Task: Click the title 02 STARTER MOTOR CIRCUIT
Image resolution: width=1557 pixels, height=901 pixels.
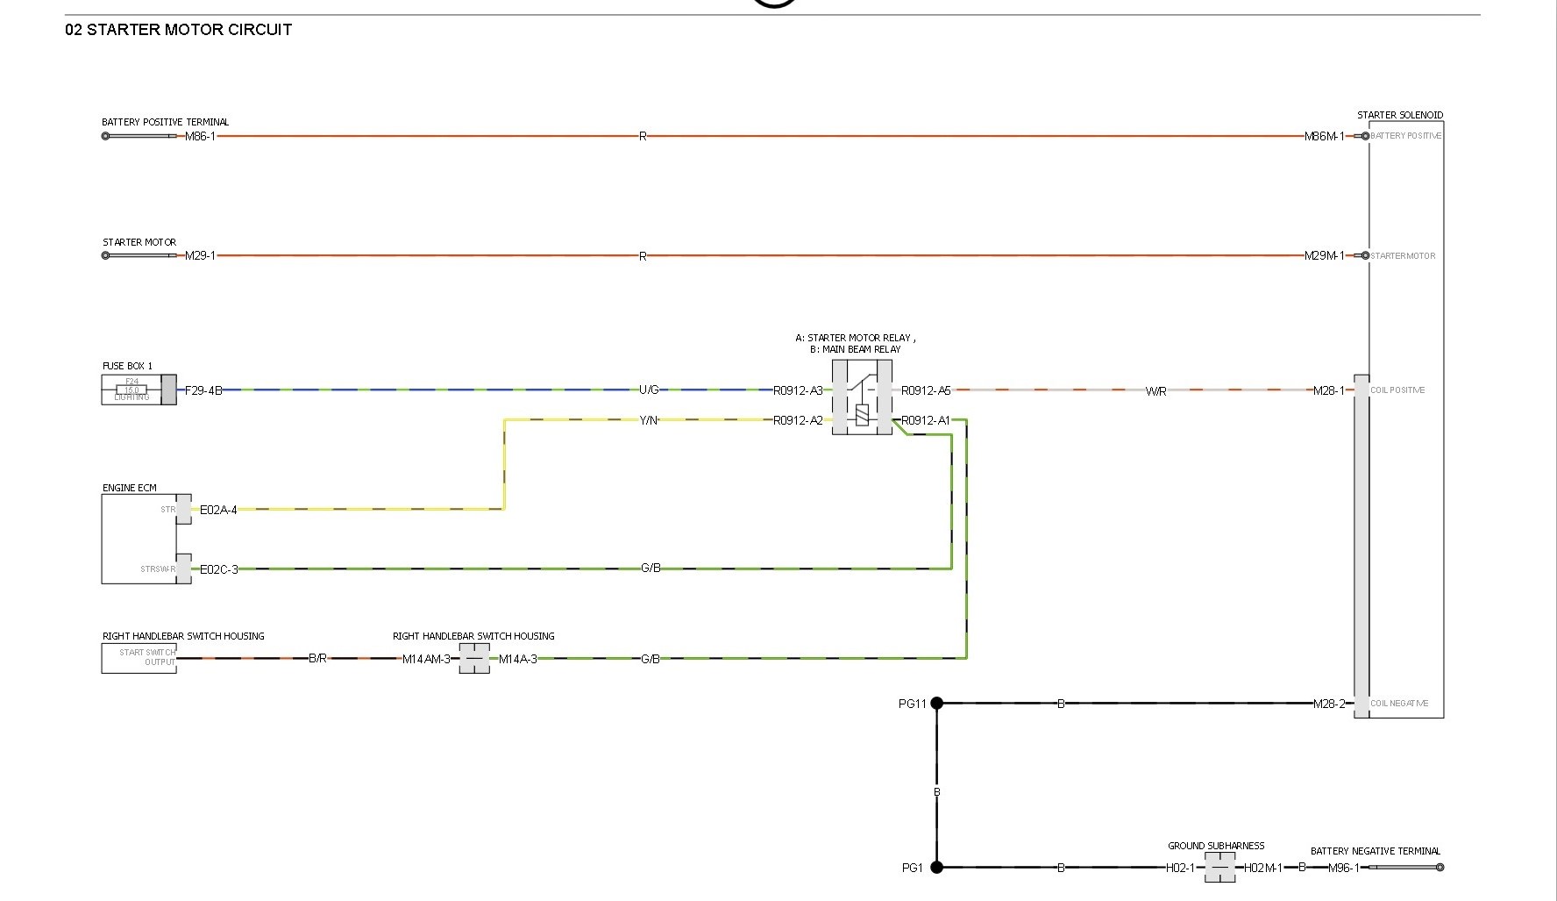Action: tap(178, 29)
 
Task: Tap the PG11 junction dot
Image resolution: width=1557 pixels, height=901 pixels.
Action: tap(936, 703)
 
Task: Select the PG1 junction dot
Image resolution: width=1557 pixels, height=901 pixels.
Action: tap(936, 867)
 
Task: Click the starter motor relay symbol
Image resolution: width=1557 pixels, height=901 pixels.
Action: tap(862, 397)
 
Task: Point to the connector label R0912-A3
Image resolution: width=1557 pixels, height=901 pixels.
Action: tap(798, 390)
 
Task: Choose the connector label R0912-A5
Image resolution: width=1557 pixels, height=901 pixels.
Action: tap(926, 390)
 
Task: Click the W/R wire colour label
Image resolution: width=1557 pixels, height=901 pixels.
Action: tap(1155, 391)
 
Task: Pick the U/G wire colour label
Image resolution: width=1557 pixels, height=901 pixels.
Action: tap(649, 390)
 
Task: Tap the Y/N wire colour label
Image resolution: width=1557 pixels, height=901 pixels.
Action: tap(649, 420)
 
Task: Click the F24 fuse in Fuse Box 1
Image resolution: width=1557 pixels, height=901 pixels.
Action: tap(132, 389)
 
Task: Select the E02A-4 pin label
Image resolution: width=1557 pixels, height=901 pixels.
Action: tap(218, 510)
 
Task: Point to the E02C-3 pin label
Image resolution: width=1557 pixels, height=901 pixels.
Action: tap(218, 569)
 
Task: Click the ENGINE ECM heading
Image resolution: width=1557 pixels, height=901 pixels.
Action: tap(130, 488)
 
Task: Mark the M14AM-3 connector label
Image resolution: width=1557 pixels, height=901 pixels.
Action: tap(426, 659)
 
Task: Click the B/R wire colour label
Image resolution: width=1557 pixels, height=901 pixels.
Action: tap(317, 658)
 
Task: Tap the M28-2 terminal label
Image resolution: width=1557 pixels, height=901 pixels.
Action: tap(1329, 704)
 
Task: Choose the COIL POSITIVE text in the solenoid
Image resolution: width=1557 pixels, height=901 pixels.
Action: tap(1397, 390)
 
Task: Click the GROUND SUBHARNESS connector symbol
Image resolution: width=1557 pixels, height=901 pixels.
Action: tap(1219, 868)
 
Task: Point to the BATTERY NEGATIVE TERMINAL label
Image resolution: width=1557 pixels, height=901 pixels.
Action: tap(1375, 851)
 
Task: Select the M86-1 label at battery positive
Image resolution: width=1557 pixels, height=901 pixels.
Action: tap(200, 137)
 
